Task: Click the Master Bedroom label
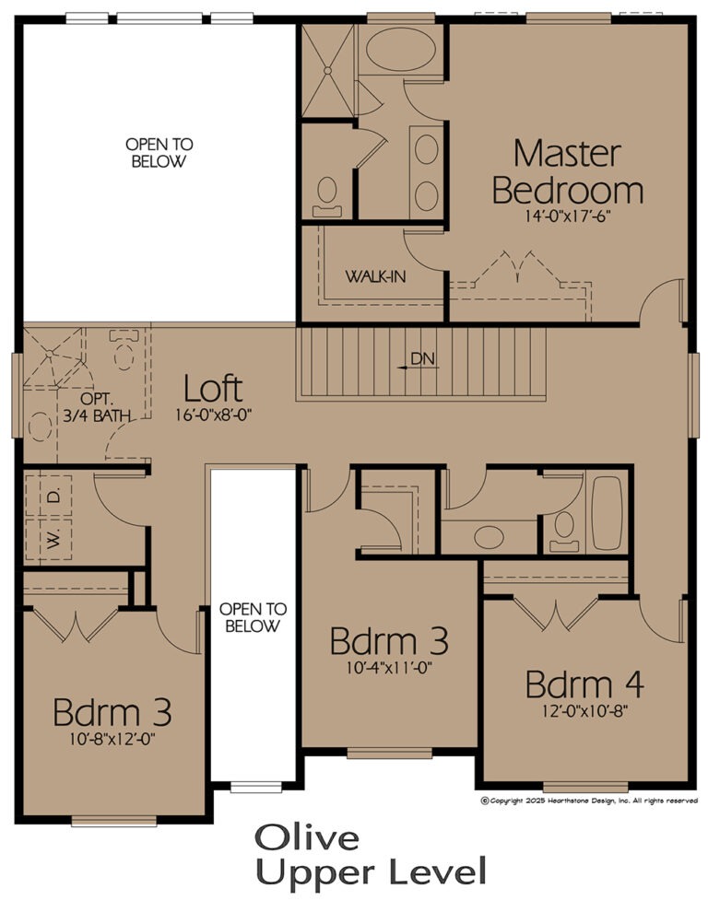click(567, 171)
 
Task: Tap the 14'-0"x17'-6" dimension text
click(567, 216)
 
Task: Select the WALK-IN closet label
click(375, 276)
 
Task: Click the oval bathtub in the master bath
click(400, 50)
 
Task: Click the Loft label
click(213, 389)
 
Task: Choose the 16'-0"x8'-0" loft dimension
click(214, 415)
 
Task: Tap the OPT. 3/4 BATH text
click(97, 407)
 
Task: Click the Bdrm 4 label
click(584, 684)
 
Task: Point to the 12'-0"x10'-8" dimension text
click(585, 711)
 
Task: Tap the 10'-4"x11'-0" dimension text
click(389, 668)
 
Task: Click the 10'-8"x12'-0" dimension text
click(112, 739)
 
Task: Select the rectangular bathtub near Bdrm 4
click(607, 512)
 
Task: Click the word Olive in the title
click(307, 838)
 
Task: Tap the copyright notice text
click(589, 801)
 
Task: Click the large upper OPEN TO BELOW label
click(159, 152)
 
